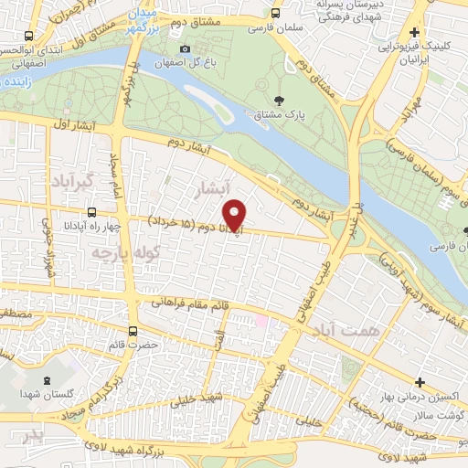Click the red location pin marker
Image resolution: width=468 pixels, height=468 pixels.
click(235, 213)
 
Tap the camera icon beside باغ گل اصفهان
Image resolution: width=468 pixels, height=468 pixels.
click(186, 48)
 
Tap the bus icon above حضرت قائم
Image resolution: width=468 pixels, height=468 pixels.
click(133, 331)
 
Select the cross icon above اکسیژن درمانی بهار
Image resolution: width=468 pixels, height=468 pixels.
click(420, 381)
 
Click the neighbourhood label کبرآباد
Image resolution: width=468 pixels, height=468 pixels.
click(73, 179)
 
